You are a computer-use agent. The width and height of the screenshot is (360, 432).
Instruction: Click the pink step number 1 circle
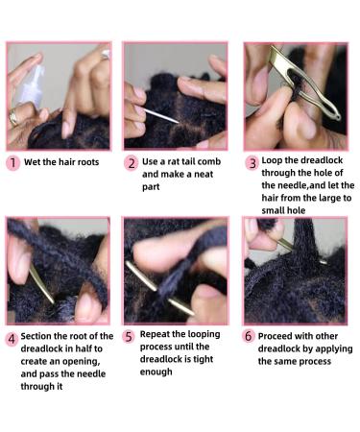(x=12, y=162)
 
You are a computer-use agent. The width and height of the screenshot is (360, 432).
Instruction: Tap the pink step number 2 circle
(x=132, y=163)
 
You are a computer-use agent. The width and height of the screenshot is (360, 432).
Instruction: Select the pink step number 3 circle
(x=252, y=163)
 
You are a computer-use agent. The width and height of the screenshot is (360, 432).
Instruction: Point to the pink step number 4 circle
(x=12, y=339)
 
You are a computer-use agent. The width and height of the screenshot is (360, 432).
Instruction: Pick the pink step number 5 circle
(x=129, y=337)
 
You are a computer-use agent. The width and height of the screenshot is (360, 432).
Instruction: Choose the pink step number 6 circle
(x=249, y=336)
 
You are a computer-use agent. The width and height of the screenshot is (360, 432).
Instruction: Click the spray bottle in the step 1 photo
(x=32, y=87)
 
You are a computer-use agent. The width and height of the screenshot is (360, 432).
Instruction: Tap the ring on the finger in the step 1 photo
(x=13, y=117)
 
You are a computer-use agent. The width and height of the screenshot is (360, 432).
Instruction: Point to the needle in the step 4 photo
(x=41, y=284)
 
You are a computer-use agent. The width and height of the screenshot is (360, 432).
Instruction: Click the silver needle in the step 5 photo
(x=159, y=288)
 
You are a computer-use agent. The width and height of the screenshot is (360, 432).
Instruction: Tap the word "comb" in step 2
(x=208, y=161)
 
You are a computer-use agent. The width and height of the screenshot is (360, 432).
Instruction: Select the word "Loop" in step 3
(x=272, y=160)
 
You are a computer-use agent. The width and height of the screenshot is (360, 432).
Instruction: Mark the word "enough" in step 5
(x=156, y=372)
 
